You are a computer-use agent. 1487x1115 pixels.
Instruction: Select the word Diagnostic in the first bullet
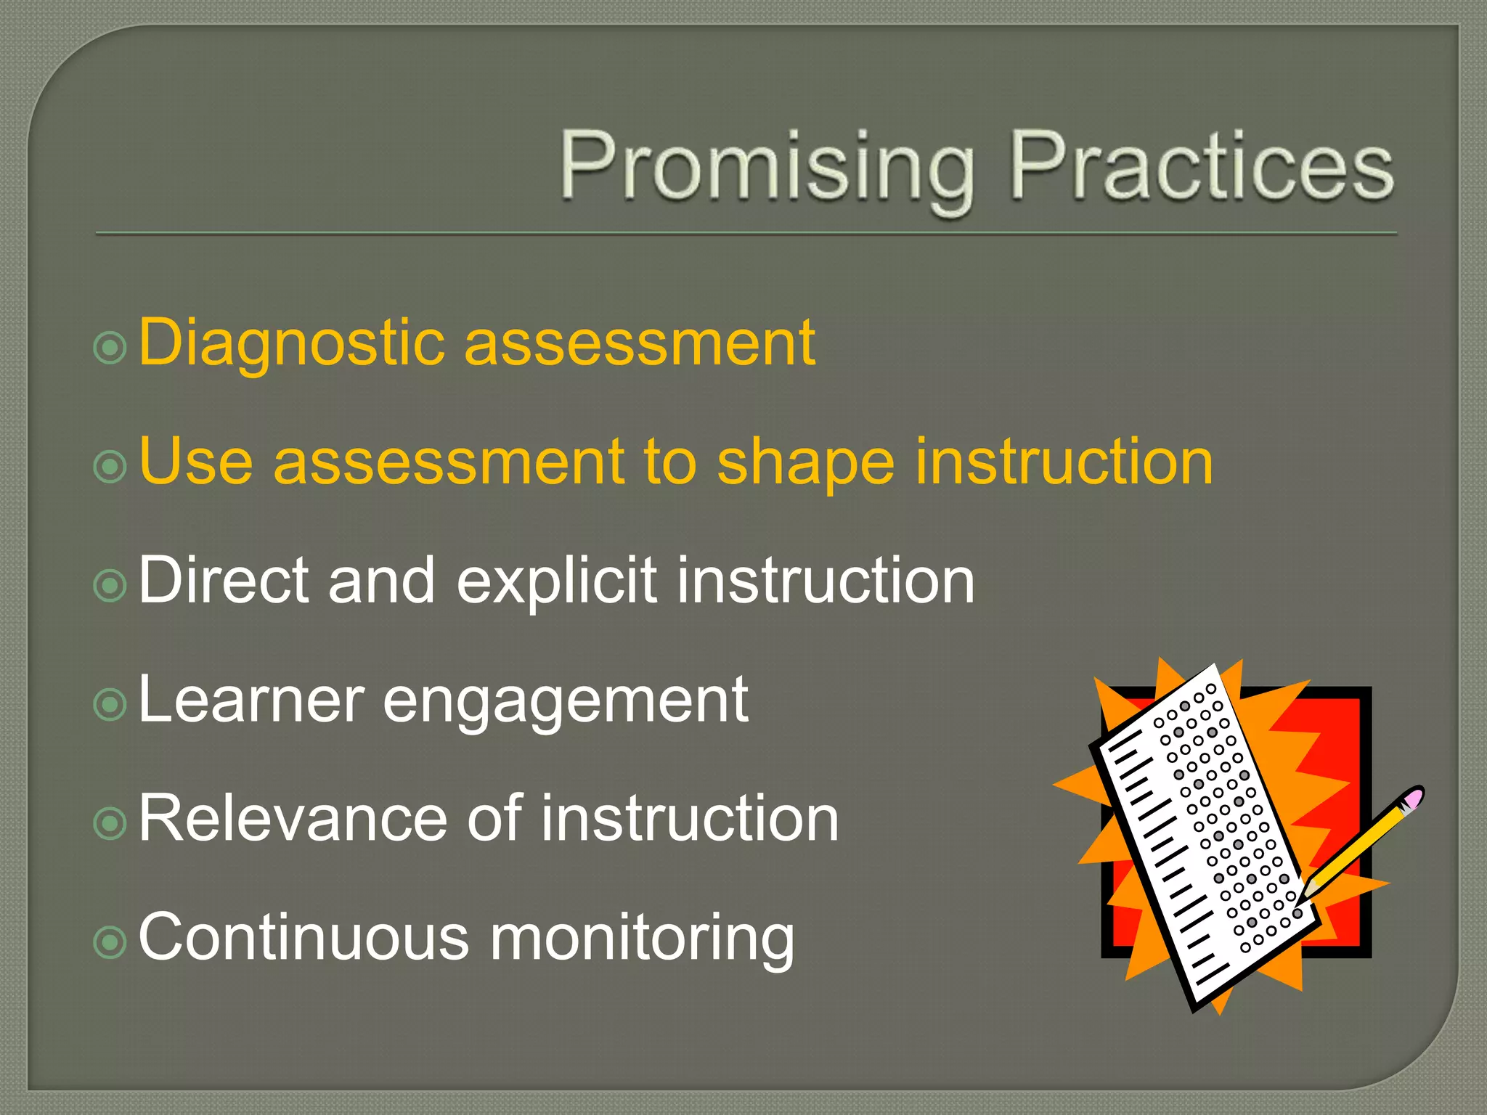coord(290,343)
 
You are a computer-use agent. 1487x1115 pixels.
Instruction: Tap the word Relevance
coord(293,818)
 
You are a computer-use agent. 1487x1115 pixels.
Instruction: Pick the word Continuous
coord(304,937)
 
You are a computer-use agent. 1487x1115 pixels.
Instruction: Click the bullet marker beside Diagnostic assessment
coord(110,348)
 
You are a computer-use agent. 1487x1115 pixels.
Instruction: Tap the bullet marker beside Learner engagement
coord(110,704)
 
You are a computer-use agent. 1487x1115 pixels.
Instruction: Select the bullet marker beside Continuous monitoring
coord(110,942)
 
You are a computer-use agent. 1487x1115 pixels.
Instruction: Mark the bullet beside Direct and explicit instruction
coord(110,585)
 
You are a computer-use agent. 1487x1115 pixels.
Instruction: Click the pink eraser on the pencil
coord(1412,799)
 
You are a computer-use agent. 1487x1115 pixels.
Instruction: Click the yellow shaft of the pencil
coord(1358,846)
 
